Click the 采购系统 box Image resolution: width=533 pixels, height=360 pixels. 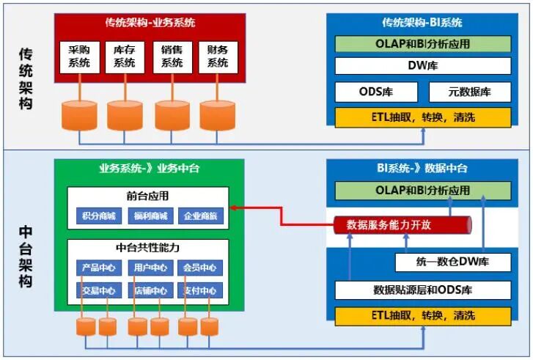click(x=79, y=57)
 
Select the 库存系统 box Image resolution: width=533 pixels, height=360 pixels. click(x=125, y=57)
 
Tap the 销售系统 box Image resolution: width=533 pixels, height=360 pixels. click(x=172, y=57)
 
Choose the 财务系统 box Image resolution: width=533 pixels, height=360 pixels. click(x=218, y=57)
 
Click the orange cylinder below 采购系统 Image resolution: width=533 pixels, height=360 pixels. click(x=79, y=114)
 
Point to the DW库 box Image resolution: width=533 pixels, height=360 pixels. click(x=422, y=66)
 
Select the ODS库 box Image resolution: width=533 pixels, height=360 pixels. click(x=376, y=92)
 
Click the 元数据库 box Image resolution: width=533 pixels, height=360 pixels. click(x=469, y=92)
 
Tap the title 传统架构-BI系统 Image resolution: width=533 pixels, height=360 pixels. click(x=422, y=23)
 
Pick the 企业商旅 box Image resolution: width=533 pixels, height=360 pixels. click(x=199, y=216)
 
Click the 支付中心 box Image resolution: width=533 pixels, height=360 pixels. click(x=199, y=290)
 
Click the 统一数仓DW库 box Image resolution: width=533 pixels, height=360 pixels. click(x=452, y=262)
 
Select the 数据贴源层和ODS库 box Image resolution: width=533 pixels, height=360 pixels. click(x=422, y=290)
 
